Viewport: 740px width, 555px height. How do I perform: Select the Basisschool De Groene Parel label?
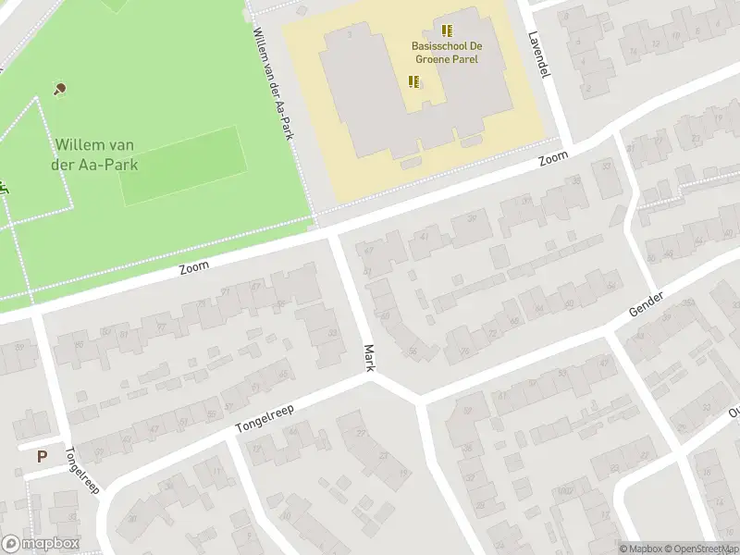click(448, 54)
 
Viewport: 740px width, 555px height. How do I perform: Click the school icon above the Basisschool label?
click(448, 31)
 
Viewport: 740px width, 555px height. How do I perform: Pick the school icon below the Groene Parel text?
click(414, 81)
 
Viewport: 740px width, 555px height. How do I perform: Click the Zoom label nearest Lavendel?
click(553, 160)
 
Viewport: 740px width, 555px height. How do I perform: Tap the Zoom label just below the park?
click(194, 266)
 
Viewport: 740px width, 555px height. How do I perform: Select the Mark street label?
click(369, 358)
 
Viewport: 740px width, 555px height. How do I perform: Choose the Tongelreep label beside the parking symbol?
click(81, 471)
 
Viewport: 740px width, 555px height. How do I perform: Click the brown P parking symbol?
click(42, 455)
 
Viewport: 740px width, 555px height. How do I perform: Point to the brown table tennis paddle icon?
click(60, 89)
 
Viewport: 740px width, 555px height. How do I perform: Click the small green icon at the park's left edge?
click(4, 186)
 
